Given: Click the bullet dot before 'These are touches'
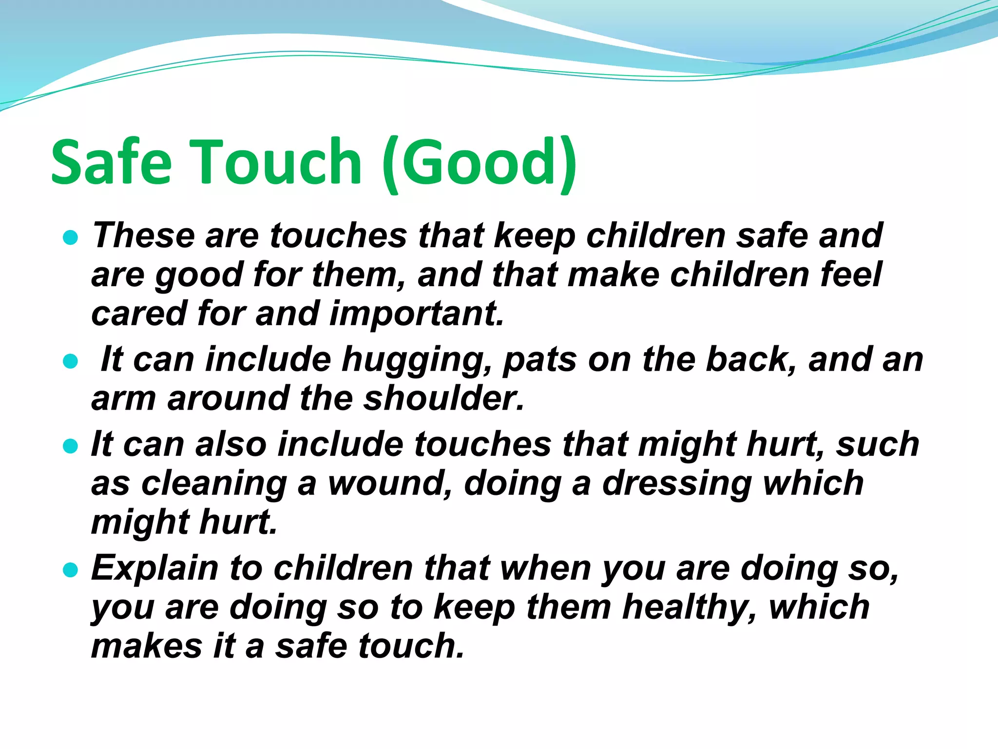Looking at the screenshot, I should pos(71,237).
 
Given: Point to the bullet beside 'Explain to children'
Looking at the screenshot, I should pos(71,570).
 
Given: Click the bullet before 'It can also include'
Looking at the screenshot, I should pos(71,446).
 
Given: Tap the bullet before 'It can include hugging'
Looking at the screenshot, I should pos(71,361).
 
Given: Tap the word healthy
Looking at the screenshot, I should pos(690,608).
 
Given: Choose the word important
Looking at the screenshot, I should pos(416,314).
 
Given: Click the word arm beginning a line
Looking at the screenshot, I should pos(124,398).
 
